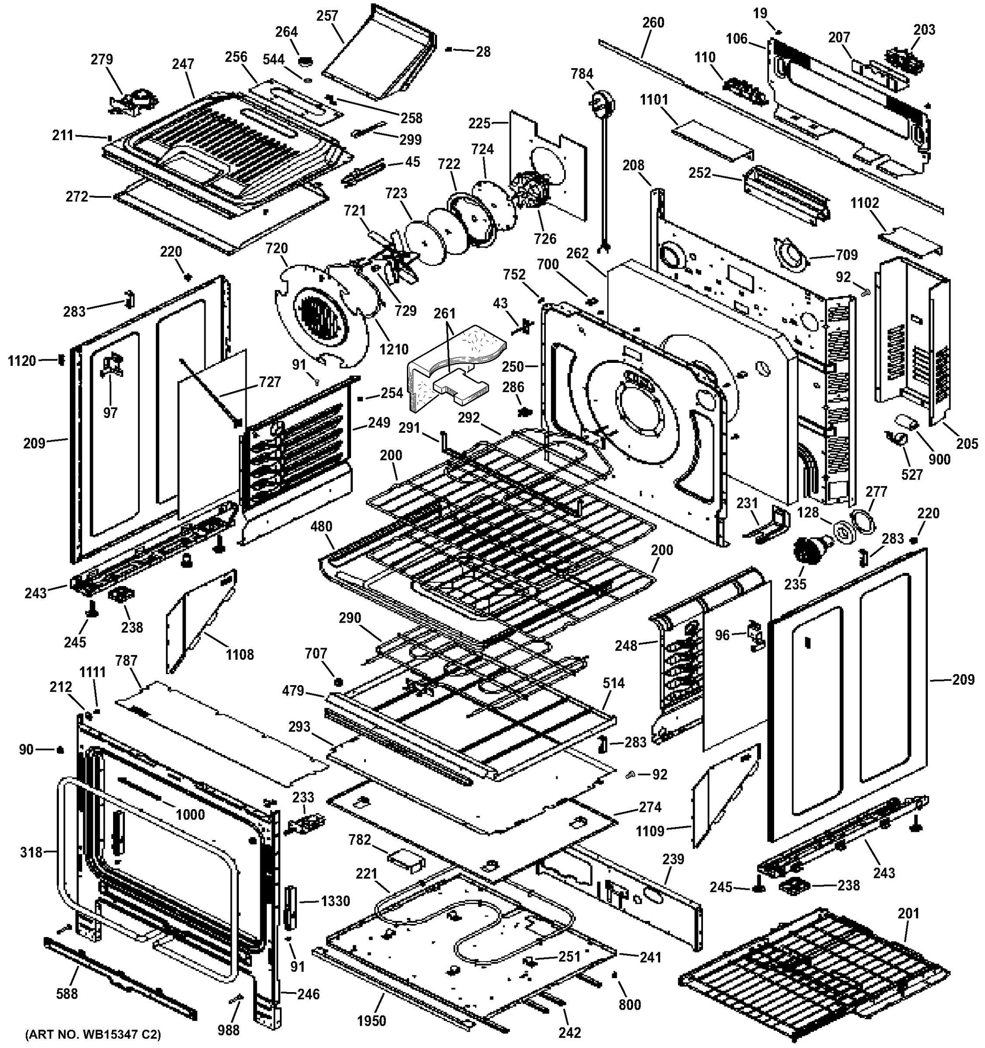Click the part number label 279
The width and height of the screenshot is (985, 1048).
point(102,59)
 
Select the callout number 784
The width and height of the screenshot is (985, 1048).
point(582,74)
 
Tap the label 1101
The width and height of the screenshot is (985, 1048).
point(654,100)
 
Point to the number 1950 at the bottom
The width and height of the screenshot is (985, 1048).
point(372,1021)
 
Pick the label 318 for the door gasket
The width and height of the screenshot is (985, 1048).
point(31,852)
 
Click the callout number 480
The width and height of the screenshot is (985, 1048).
point(321,526)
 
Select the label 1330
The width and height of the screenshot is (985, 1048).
point(335,901)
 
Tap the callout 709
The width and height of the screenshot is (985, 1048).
point(847,255)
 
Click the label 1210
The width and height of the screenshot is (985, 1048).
point(394,349)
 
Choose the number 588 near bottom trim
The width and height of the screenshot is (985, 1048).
point(67,994)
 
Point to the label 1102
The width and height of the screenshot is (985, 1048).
point(865,203)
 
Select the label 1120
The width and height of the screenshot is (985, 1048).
point(22,361)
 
